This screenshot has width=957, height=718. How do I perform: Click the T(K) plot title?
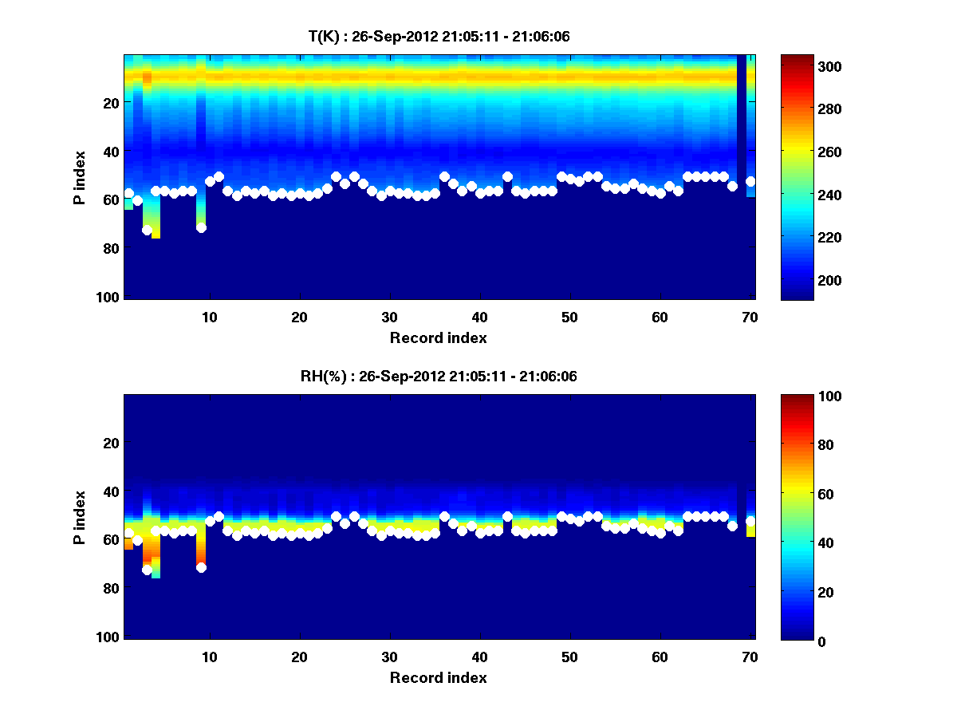(x=439, y=36)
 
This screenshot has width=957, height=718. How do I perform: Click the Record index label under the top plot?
(x=439, y=338)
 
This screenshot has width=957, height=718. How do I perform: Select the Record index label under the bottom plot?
(x=439, y=678)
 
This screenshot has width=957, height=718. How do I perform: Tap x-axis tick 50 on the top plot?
(x=569, y=318)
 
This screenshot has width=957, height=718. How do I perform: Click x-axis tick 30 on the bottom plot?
(x=389, y=657)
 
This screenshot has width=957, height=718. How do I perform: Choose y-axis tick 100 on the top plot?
(x=109, y=297)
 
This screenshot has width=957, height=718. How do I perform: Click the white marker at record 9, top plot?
(x=201, y=227)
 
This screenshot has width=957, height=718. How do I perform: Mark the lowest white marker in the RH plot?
(x=147, y=570)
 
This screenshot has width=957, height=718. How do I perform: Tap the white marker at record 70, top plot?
(x=750, y=181)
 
